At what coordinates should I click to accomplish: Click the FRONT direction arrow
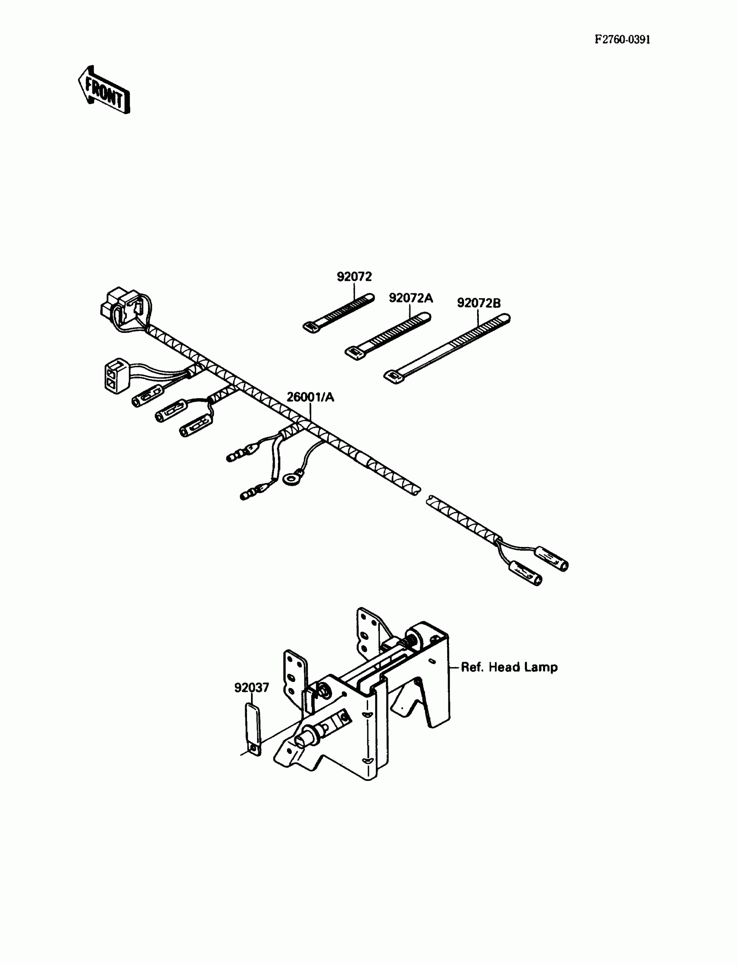click(104, 90)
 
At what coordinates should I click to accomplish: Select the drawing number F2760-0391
click(622, 40)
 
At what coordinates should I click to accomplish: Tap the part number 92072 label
click(354, 277)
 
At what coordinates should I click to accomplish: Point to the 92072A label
click(411, 298)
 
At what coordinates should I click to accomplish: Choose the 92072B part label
click(478, 303)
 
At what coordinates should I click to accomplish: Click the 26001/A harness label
click(310, 397)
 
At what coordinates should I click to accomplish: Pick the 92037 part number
click(251, 688)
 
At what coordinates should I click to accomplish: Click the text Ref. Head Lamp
click(509, 667)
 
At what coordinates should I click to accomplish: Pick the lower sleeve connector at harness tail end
click(525, 573)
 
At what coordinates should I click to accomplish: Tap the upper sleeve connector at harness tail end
click(551, 558)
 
